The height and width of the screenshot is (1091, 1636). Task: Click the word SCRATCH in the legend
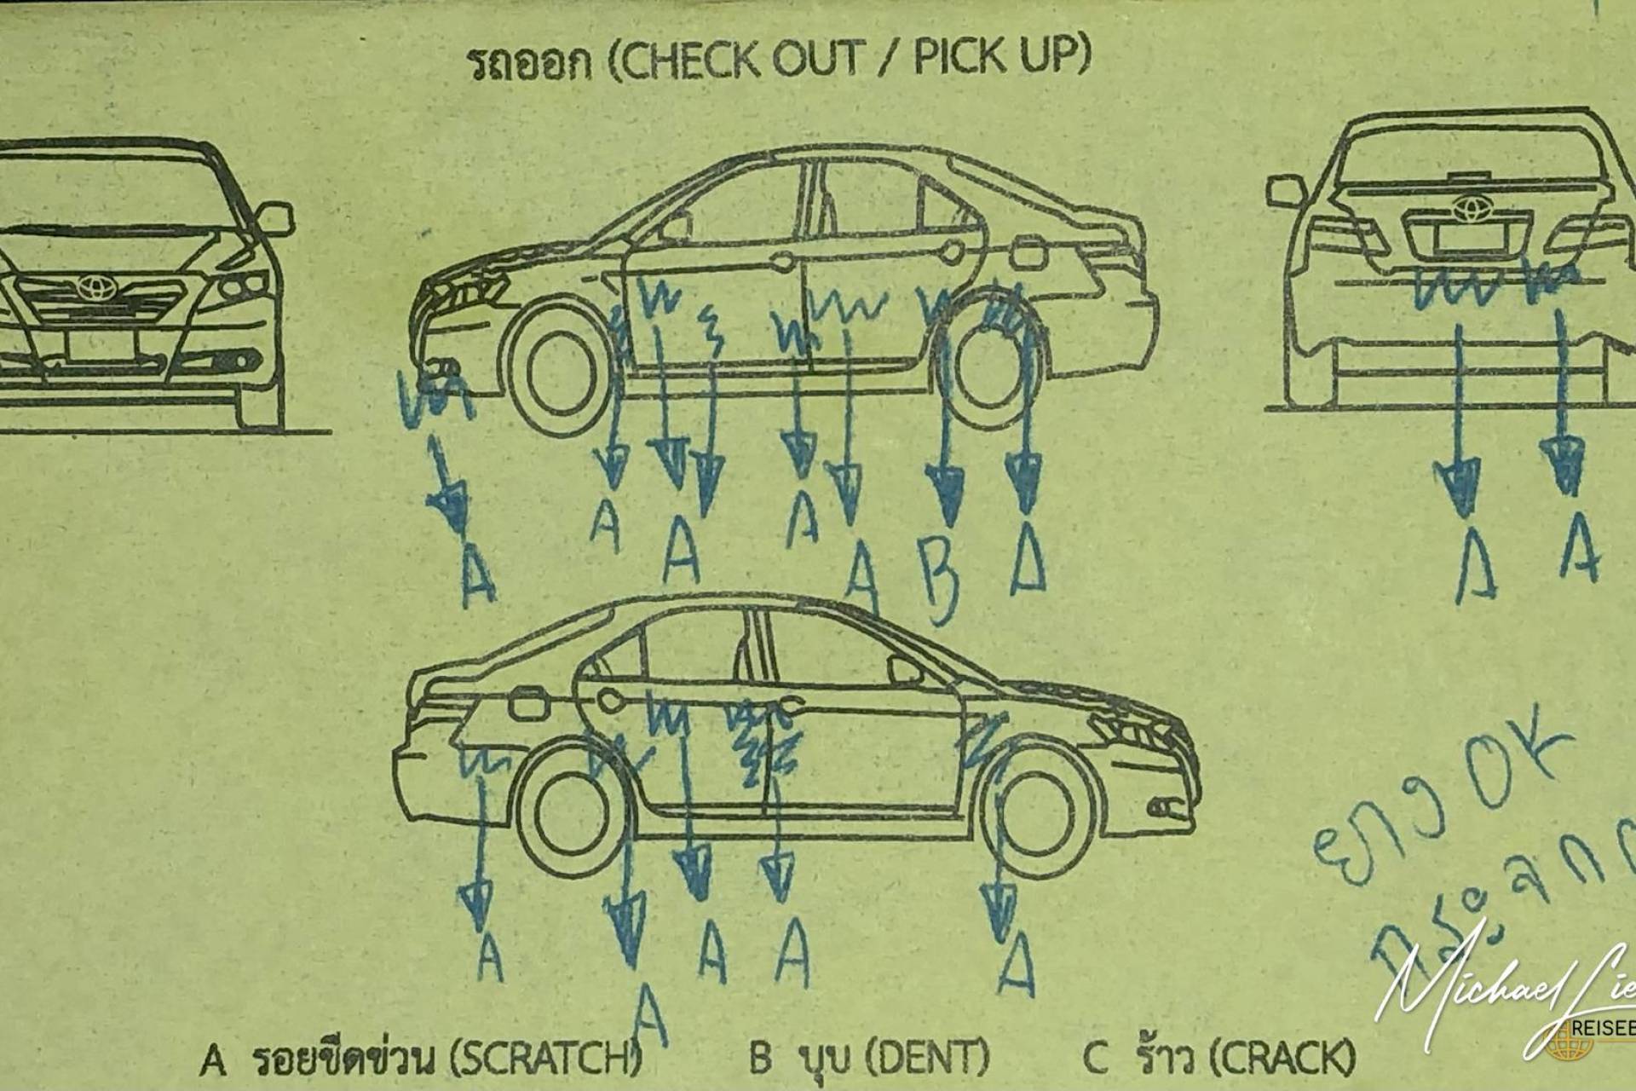[545, 1059]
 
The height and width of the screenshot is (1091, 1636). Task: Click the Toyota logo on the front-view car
[91, 286]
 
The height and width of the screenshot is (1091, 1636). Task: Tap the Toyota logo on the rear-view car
[1468, 205]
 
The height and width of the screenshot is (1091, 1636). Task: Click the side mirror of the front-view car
[274, 216]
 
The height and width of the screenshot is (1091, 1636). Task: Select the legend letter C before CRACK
[1094, 1059]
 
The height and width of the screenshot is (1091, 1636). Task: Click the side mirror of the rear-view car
[1285, 191]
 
